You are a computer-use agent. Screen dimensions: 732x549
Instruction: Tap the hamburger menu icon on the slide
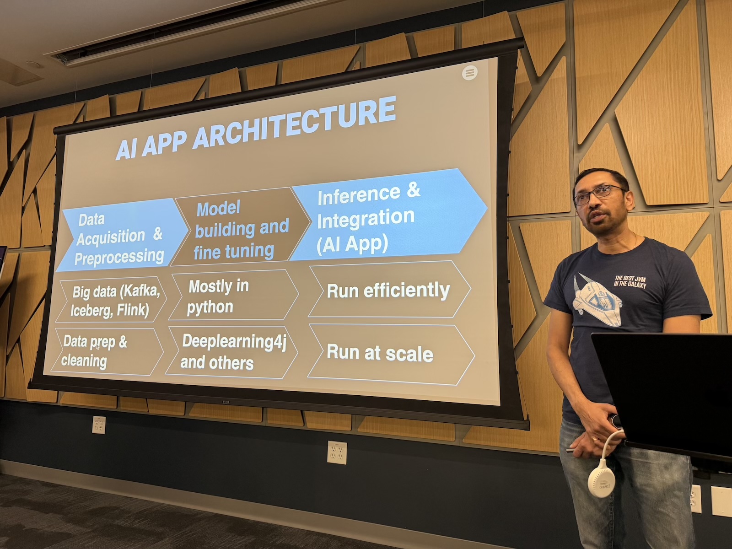[x=469, y=73]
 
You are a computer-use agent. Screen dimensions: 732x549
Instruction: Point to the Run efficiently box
[x=389, y=290]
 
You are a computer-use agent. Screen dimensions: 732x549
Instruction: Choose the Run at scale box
[x=391, y=354]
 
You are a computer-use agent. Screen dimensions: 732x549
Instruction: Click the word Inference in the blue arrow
[x=359, y=195]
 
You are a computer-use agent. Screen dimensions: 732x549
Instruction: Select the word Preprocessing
[x=119, y=257]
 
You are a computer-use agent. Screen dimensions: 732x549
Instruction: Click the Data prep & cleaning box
[x=107, y=351]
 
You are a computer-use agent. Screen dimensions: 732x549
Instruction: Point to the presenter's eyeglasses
[x=598, y=195]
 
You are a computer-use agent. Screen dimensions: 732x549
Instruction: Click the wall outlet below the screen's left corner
[x=99, y=425]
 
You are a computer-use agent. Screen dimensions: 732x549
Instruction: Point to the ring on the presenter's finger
[x=595, y=439]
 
